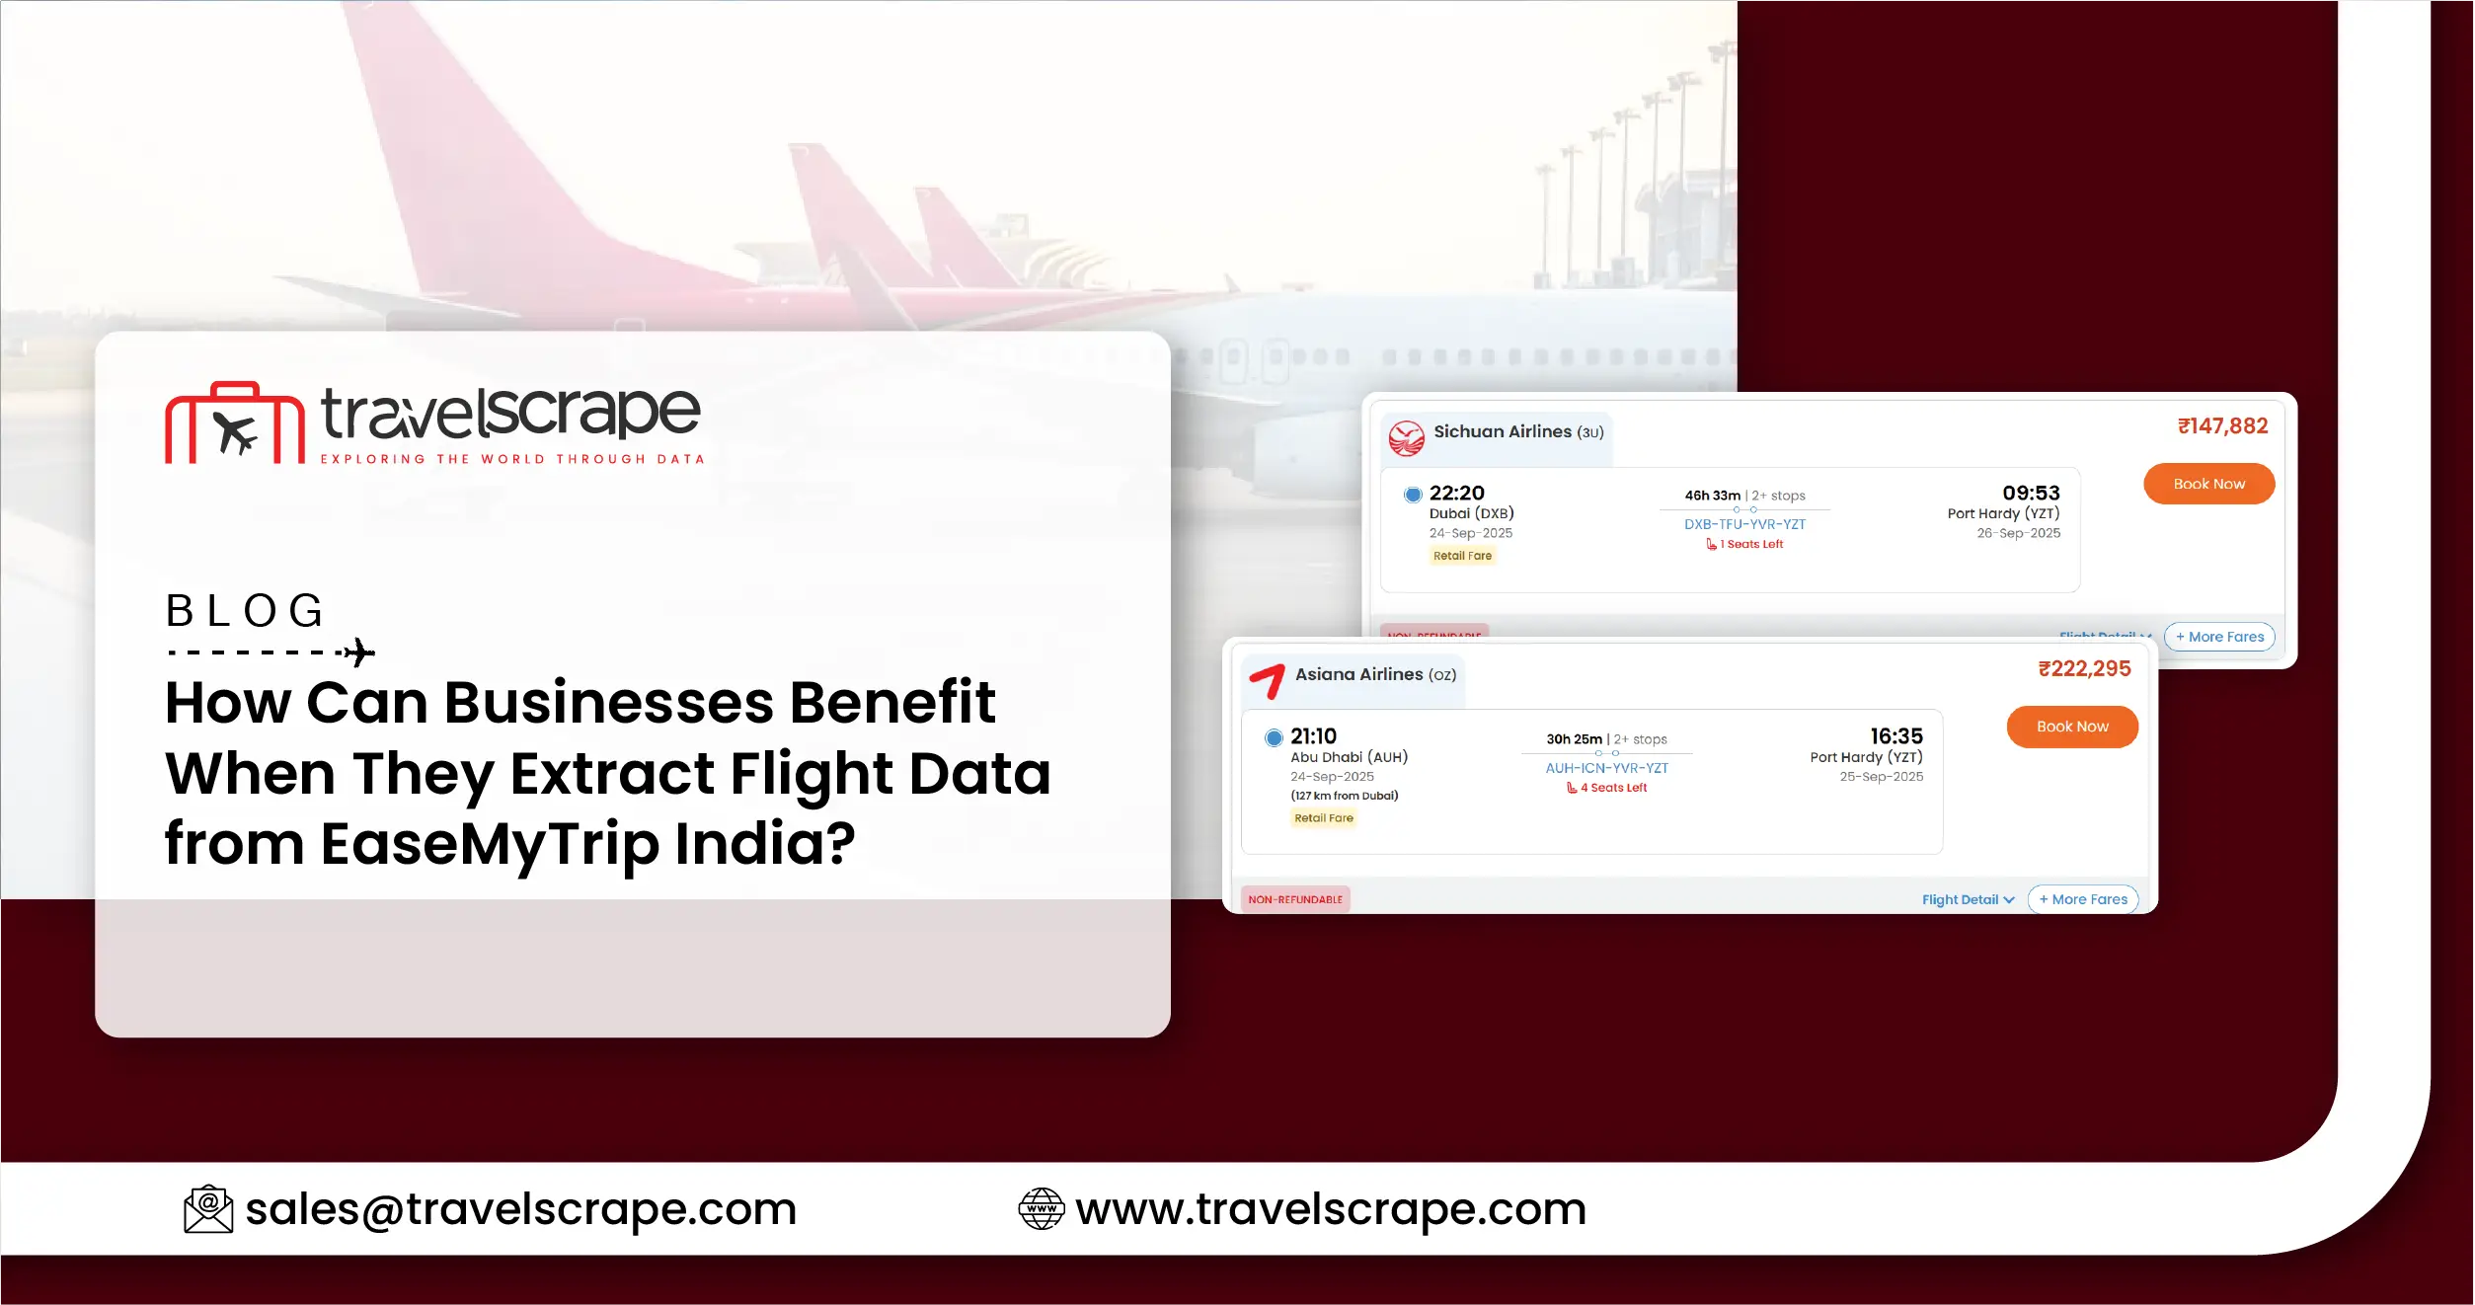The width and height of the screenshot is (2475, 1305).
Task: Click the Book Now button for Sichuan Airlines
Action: [x=2208, y=484]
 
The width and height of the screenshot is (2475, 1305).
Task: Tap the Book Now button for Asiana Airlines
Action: [x=2071, y=727]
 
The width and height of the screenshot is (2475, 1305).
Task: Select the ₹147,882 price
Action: [x=2222, y=426]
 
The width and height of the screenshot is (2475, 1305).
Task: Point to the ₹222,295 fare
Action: [x=2084, y=669]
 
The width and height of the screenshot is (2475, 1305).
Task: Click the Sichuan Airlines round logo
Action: [x=1406, y=437]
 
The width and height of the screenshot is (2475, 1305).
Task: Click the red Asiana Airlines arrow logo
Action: [x=1267, y=680]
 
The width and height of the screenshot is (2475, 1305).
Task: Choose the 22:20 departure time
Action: [x=1456, y=493]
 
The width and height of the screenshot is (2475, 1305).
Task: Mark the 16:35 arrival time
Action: [x=1895, y=736]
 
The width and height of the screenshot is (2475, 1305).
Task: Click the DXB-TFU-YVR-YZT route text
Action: [x=1744, y=524]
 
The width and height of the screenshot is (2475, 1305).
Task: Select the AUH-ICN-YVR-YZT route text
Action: [x=1606, y=768]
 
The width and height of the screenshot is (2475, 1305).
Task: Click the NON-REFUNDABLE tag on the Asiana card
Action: [x=1294, y=899]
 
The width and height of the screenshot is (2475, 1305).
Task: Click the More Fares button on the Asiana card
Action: [x=2083, y=899]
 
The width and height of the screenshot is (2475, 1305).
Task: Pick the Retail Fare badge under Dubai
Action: [x=1462, y=556]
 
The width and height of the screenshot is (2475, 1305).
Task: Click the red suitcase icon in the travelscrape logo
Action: [x=235, y=423]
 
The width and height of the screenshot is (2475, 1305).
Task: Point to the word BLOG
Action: [x=245, y=611]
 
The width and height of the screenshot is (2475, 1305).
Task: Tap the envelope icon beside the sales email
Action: [x=208, y=1209]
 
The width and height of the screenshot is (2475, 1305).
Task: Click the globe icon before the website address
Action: [x=1041, y=1209]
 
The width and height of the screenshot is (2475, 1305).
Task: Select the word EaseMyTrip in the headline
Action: [x=490, y=845]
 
